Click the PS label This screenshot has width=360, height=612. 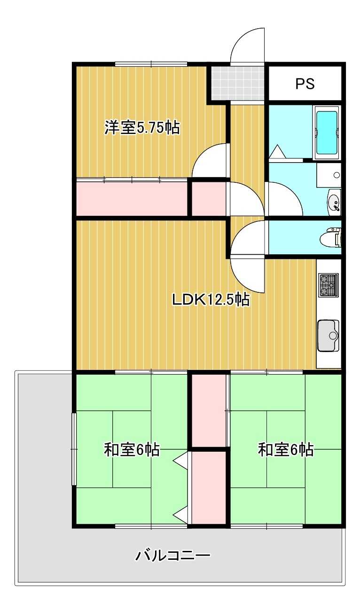pyautogui.click(x=305, y=84)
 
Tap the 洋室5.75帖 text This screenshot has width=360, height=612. pyautogui.click(x=142, y=128)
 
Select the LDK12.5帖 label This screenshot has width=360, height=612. pyautogui.click(x=210, y=299)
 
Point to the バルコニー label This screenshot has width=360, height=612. pyautogui.click(x=172, y=556)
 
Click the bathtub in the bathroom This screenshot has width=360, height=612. pyautogui.click(x=327, y=132)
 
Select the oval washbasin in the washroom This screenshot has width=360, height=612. pyautogui.click(x=334, y=202)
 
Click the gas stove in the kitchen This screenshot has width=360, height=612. pyautogui.click(x=329, y=285)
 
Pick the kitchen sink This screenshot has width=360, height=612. pyautogui.click(x=329, y=335)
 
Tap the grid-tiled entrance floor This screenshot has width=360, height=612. pyautogui.click(x=238, y=83)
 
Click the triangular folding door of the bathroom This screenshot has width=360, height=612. pyautogui.click(x=277, y=152)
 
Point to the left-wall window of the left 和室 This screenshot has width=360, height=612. pyautogui.click(x=73, y=449)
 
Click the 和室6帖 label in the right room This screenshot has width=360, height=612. pyautogui.click(x=286, y=450)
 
